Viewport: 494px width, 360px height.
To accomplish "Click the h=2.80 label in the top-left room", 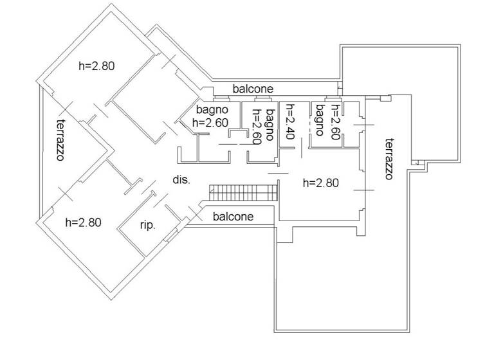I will (x=96, y=65).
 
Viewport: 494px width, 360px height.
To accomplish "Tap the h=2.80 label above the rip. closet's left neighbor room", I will (x=84, y=222).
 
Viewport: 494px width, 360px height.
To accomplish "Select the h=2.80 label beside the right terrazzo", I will (x=320, y=182).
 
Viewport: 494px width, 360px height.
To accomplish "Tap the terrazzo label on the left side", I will (x=62, y=139).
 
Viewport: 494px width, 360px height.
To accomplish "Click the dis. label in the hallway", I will (x=181, y=180).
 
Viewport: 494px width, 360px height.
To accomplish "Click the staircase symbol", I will (x=244, y=191).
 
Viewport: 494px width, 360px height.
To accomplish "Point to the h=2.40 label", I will (x=289, y=122).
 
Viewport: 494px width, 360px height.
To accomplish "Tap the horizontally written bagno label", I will (x=212, y=110).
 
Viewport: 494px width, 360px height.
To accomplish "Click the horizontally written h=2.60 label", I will (x=210, y=122).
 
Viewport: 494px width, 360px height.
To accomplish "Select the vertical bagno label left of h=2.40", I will (x=270, y=125).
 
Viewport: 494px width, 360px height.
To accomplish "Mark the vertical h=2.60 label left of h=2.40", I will (x=257, y=127).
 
